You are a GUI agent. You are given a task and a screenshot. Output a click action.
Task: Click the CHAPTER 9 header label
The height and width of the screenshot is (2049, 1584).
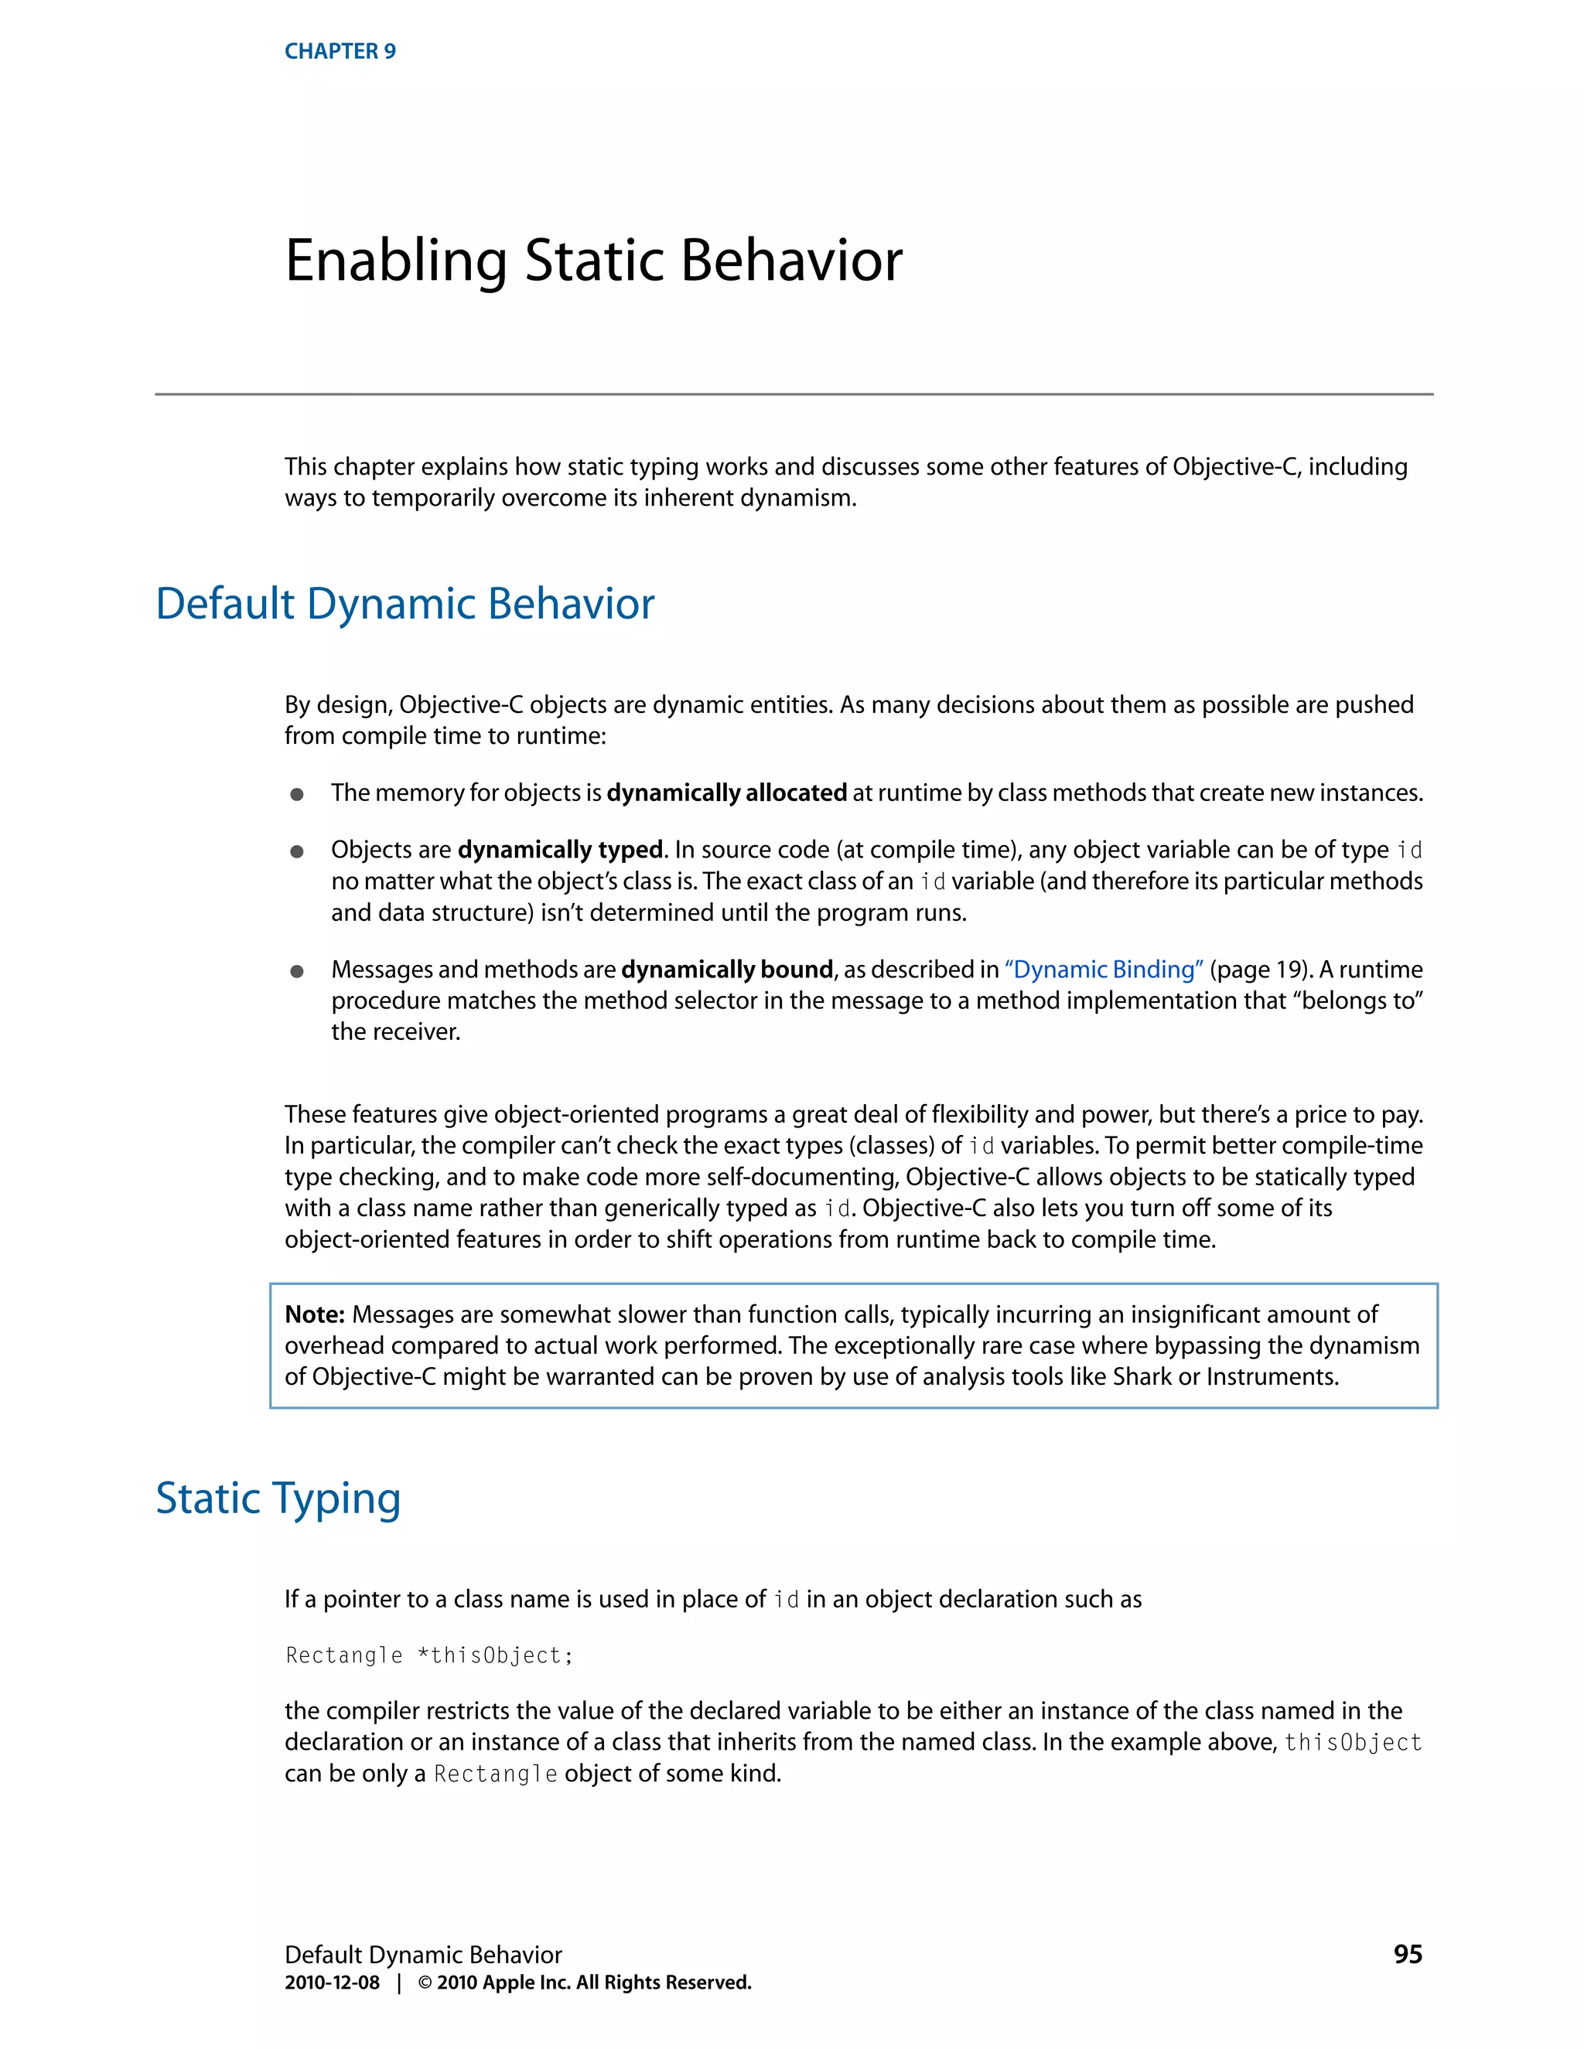(340, 52)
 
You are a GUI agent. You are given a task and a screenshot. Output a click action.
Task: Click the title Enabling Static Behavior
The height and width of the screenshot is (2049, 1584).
(593, 260)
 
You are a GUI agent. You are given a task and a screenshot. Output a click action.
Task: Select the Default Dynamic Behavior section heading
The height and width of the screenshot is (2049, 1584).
(405, 603)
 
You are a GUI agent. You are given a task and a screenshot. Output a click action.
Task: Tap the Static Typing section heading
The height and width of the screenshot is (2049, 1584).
(278, 1498)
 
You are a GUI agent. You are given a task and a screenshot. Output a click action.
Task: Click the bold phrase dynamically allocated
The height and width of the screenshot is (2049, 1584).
(726, 793)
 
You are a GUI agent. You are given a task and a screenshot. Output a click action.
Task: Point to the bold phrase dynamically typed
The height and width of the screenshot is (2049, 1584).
(560, 850)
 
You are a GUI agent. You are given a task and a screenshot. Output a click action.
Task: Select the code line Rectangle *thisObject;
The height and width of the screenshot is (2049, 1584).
(428, 1655)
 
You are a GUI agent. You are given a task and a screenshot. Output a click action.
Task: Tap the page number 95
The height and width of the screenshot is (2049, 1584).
(1408, 1954)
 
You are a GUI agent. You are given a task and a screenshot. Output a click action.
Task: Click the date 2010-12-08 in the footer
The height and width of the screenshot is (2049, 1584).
(332, 1983)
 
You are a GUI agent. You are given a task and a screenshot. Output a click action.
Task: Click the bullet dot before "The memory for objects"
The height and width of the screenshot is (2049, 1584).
(296, 795)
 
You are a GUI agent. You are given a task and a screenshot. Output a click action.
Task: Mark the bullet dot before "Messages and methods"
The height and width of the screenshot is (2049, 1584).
(296, 971)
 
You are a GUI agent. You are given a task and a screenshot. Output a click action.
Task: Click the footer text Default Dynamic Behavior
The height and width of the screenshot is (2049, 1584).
(423, 1954)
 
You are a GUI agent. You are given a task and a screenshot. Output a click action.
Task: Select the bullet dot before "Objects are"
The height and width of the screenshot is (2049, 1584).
(296, 852)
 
